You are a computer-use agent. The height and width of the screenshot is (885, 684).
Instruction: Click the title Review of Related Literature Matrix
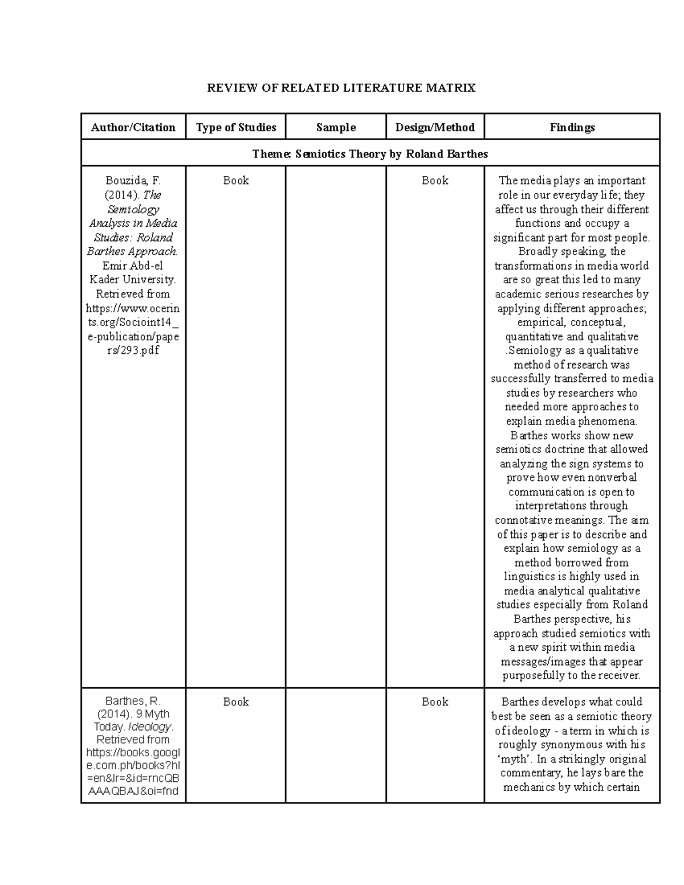tap(341, 88)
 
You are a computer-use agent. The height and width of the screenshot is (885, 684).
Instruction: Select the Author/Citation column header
tap(133, 128)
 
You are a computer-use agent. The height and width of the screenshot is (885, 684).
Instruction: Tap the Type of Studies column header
tap(235, 128)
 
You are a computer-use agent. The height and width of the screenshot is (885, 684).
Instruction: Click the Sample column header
tap(336, 128)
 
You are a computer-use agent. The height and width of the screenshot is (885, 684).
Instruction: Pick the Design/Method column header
tap(435, 128)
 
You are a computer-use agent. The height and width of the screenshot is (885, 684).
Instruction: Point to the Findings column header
tap(572, 128)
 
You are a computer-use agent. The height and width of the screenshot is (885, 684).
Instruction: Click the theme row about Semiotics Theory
tap(370, 154)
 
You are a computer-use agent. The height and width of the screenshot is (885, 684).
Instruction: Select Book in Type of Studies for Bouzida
tap(235, 181)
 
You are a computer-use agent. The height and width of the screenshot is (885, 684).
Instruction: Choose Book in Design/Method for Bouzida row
tap(435, 181)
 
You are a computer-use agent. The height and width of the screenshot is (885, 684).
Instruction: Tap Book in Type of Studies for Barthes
tap(235, 702)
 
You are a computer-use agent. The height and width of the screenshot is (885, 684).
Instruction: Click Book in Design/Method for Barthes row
tap(435, 702)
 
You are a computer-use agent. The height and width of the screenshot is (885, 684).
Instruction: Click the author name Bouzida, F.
tap(133, 181)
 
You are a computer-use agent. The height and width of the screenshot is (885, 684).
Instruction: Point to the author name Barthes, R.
tap(133, 702)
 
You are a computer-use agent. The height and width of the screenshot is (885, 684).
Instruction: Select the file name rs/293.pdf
tap(133, 350)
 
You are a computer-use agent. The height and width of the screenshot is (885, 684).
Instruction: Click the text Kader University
tap(133, 280)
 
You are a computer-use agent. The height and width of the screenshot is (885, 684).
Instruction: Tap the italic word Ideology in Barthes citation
tap(149, 727)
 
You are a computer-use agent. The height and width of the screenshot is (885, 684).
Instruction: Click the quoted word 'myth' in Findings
tap(513, 759)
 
